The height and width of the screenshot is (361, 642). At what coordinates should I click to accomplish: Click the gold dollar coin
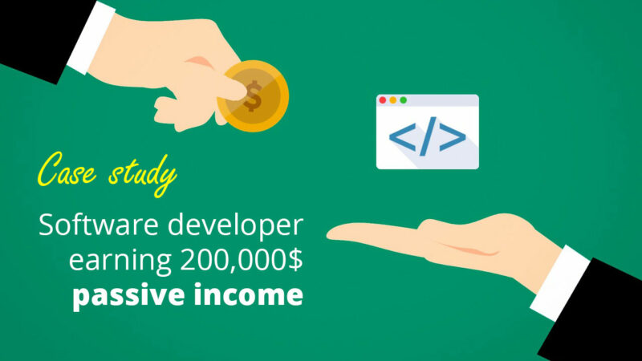tap(254, 96)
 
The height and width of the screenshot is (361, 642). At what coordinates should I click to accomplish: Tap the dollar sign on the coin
tap(253, 96)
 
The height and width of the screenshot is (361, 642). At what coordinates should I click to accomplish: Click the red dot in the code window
tap(383, 100)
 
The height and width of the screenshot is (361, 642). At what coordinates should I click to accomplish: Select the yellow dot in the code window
tap(393, 100)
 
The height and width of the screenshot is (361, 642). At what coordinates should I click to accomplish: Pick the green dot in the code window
tap(404, 100)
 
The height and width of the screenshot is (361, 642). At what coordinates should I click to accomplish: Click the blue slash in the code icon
tap(428, 136)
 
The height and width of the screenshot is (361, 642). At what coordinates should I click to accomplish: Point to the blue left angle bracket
tap(403, 136)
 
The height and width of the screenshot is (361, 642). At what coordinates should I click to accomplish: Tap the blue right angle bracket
tap(453, 136)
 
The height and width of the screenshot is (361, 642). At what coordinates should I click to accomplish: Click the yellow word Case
tap(67, 170)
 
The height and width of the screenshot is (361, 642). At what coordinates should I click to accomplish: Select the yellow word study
tap(143, 175)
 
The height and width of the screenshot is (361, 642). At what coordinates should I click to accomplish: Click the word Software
tap(98, 225)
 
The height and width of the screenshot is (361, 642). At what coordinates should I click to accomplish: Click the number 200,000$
tap(242, 260)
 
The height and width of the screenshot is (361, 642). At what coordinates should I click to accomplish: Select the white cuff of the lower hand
tap(559, 283)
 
